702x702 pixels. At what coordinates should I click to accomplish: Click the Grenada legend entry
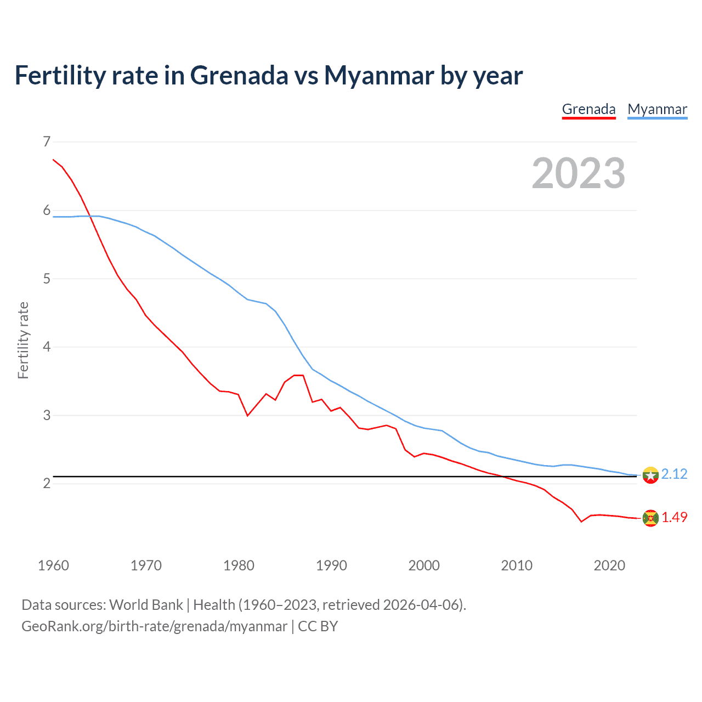click(588, 109)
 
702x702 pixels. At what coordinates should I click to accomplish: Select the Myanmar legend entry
click(657, 109)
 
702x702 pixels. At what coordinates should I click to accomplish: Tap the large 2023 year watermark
click(579, 173)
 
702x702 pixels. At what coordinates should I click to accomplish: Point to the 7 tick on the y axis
click(47, 142)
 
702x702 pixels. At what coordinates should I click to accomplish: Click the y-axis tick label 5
click(47, 279)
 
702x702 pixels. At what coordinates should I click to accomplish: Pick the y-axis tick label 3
click(47, 415)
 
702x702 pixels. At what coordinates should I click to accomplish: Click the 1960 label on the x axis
click(53, 565)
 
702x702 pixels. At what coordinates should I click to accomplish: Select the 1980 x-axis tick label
click(239, 565)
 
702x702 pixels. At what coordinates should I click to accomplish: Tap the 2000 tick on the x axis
click(424, 565)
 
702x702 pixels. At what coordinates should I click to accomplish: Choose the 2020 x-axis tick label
click(609, 565)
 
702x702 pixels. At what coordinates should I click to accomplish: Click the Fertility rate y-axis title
click(23, 340)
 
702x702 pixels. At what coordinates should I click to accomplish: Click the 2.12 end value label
click(674, 474)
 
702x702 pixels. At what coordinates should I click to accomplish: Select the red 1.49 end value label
click(674, 517)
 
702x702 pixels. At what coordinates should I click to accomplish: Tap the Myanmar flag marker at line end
click(650, 475)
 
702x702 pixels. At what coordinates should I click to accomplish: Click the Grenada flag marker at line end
click(650, 518)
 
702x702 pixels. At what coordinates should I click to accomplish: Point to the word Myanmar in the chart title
click(379, 75)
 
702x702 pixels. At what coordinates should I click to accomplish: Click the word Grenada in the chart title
click(239, 75)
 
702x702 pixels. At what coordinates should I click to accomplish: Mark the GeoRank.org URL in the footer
click(154, 626)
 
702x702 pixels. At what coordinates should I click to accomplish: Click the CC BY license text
click(318, 626)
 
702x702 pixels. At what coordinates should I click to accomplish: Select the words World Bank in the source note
click(146, 605)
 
